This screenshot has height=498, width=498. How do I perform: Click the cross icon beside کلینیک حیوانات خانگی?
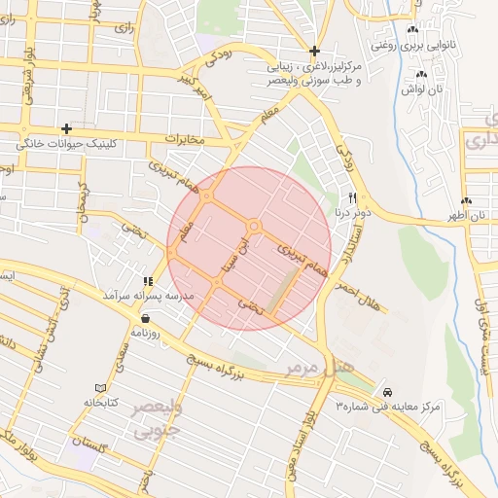point(66,128)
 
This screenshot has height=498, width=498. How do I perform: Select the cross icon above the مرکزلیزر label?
point(314,51)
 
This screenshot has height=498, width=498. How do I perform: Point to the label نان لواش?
point(421,89)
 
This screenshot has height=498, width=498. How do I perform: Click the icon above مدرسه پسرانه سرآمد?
point(148,281)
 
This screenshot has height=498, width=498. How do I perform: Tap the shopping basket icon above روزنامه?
point(145,317)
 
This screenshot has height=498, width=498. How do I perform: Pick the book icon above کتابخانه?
point(99,387)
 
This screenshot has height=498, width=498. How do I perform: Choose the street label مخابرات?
point(184,139)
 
